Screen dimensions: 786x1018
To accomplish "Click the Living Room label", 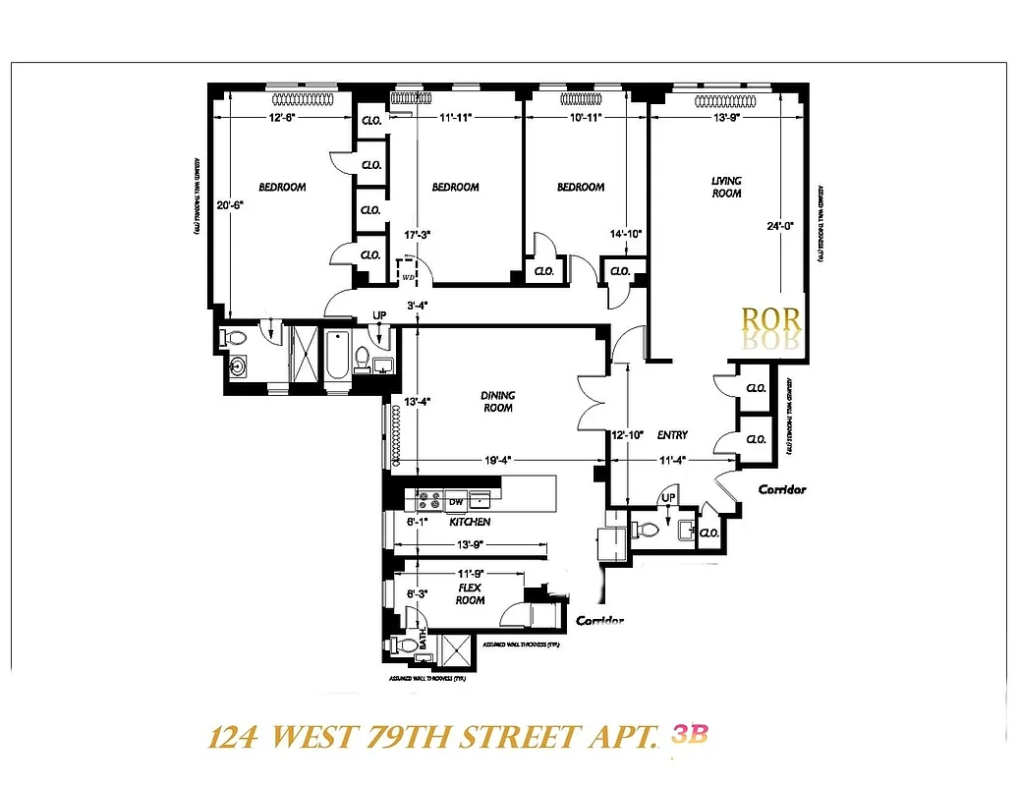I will click(x=727, y=187).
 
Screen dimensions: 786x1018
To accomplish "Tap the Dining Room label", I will click(x=498, y=402).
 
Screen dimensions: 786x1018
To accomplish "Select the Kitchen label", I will click(x=470, y=522).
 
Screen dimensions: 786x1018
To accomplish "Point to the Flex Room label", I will click(x=470, y=593).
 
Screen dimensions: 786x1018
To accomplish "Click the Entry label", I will click(x=672, y=434).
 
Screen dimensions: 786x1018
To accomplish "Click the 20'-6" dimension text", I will click(x=229, y=205).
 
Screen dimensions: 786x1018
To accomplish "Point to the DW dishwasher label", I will click(x=455, y=502).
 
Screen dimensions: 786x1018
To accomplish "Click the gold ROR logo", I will click(x=771, y=320).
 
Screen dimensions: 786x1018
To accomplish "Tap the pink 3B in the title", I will click(x=690, y=735).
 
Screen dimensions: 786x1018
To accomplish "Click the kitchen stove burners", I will click(x=429, y=501).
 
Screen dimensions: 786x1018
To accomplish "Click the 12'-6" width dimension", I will click(x=282, y=117).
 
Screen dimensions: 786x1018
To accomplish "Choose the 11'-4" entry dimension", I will click(x=672, y=458).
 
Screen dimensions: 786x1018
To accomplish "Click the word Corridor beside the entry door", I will click(x=782, y=489).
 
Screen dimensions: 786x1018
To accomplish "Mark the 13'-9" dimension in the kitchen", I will click(x=468, y=545).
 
